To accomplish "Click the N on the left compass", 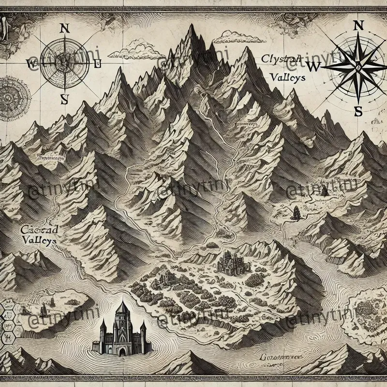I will click(63, 28).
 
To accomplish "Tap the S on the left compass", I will click(64, 99).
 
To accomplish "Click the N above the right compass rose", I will click(358, 25).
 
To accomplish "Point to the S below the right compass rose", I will click(358, 111).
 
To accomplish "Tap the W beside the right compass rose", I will click(313, 67).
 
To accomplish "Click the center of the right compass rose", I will click(358, 67).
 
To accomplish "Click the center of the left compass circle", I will click(64, 63).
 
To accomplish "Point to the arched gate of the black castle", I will click(121, 346).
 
